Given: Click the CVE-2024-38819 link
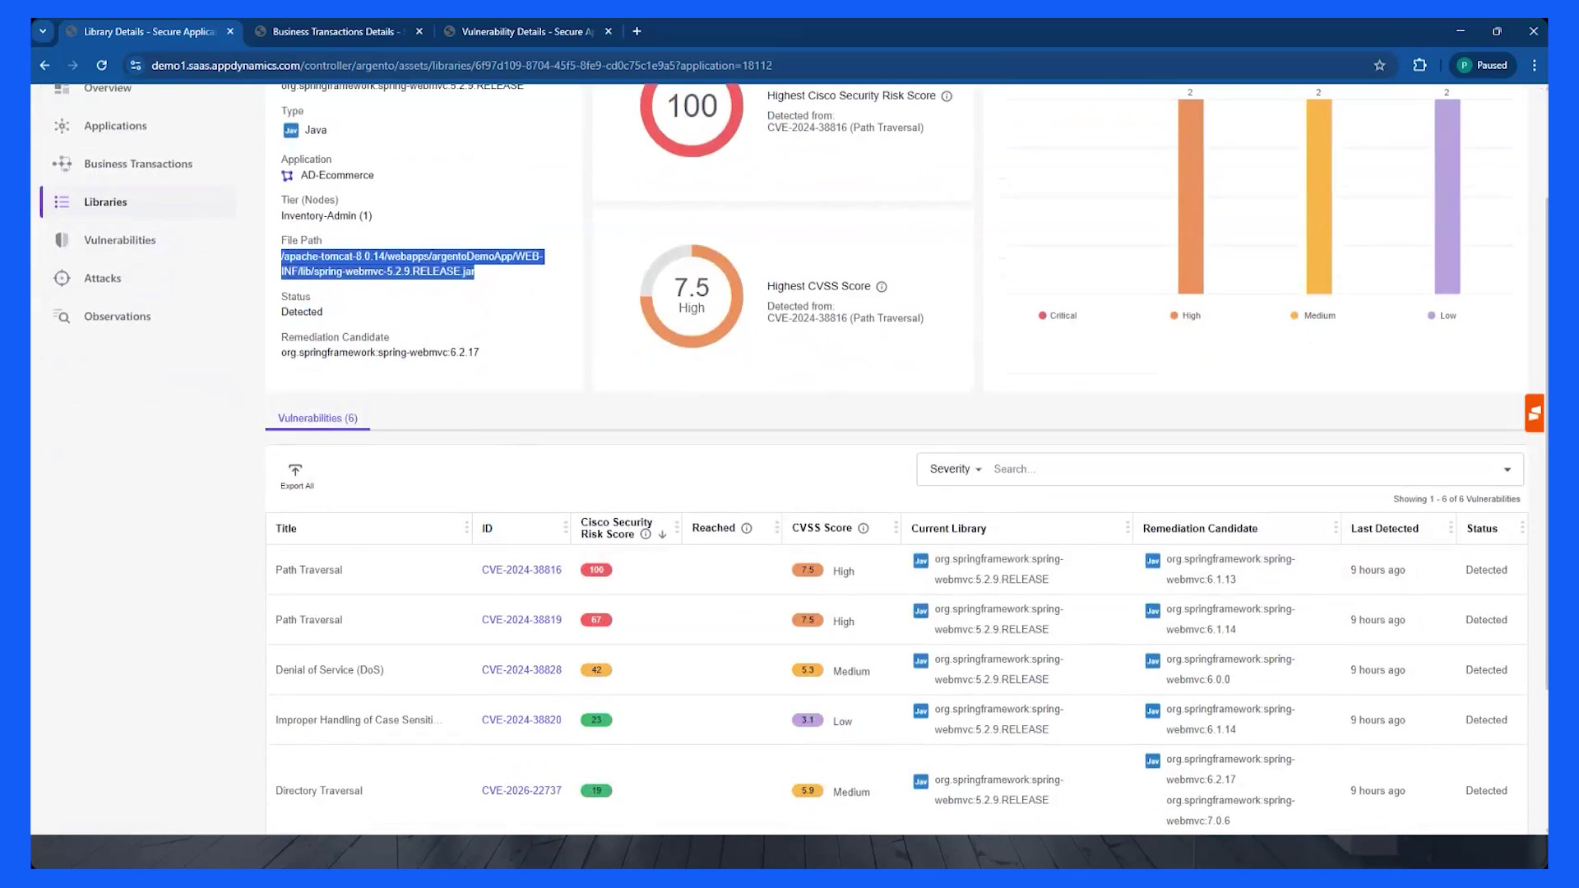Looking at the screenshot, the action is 521,620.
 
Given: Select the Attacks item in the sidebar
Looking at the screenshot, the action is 102,278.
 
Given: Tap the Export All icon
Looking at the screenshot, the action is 295,470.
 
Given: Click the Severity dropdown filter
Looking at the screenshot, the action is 956,469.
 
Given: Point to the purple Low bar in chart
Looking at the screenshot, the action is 1447,197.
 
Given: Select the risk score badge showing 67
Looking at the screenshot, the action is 596,620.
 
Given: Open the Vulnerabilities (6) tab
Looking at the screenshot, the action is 317,418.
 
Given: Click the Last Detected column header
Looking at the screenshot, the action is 1384,529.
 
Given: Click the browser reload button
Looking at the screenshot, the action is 102,65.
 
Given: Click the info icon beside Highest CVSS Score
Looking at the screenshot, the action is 882,287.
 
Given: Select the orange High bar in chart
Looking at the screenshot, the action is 1191,197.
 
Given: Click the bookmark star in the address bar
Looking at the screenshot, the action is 1379,65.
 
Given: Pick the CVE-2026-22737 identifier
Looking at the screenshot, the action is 521,791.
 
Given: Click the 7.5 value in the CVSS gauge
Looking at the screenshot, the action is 692,287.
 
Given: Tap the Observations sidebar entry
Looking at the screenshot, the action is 117,317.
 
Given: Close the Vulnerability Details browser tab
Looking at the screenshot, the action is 609,31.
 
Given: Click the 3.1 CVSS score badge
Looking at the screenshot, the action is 808,720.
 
